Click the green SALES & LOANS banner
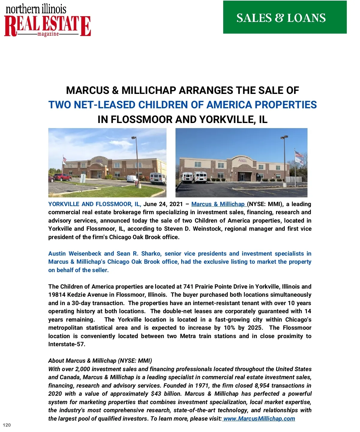click(x=285, y=17)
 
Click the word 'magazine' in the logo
click(x=48, y=34)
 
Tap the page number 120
click(x=7, y=425)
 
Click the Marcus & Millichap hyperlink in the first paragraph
click(x=218, y=204)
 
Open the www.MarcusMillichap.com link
click(x=259, y=418)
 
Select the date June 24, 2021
click(x=163, y=204)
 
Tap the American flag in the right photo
click(x=299, y=154)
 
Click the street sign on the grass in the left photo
click(x=82, y=179)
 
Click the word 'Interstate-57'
click(x=66, y=344)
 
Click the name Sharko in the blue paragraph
click(x=151, y=253)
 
